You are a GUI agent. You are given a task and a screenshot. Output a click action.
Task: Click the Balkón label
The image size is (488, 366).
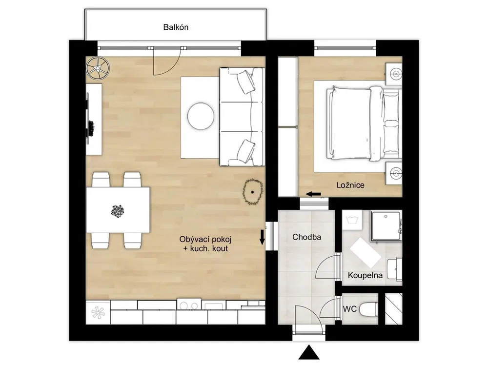pyautogui.click(x=176, y=27)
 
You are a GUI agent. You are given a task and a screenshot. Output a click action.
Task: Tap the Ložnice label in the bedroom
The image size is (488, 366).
pyautogui.click(x=350, y=185)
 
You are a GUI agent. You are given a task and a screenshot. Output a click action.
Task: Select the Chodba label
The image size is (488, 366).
pyautogui.click(x=306, y=237)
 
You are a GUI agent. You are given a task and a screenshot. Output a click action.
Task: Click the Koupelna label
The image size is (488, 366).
pyautogui.click(x=365, y=275)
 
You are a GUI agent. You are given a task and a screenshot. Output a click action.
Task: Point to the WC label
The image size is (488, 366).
pyautogui.click(x=349, y=309)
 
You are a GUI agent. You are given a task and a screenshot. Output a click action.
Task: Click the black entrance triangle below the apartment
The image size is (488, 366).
pyautogui.click(x=309, y=352)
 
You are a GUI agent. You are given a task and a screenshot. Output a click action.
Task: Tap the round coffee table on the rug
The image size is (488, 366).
pyautogui.click(x=201, y=116)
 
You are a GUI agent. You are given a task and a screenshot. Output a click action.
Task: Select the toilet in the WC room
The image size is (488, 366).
pyautogui.click(x=368, y=309)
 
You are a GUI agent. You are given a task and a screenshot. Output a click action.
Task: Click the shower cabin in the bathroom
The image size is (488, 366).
pyautogui.click(x=386, y=226)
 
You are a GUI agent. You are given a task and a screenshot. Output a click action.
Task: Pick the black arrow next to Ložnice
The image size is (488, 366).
pyautogui.click(x=313, y=194)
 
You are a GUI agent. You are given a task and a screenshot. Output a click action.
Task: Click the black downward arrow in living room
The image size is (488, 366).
pyautogui.click(x=262, y=237)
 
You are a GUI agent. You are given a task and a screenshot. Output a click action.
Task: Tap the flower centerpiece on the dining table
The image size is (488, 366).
pyautogui.click(x=117, y=211)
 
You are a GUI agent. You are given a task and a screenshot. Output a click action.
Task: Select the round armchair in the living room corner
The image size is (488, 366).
pyautogui.click(x=98, y=68)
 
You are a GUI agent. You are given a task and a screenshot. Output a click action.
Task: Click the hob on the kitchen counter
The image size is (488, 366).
pyautogui.click(x=189, y=304)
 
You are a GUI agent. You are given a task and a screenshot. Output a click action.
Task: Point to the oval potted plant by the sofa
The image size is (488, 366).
pyautogui.click(x=252, y=192)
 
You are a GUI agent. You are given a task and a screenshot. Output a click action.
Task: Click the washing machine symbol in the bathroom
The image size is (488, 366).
pyautogui.click(x=352, y=220)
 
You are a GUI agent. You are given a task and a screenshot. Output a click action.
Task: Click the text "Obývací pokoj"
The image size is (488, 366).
pyautogui.click(x=205, y=239)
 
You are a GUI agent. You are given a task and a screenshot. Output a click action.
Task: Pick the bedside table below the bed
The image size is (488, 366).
pyautogui.click(x=394, y=173)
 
